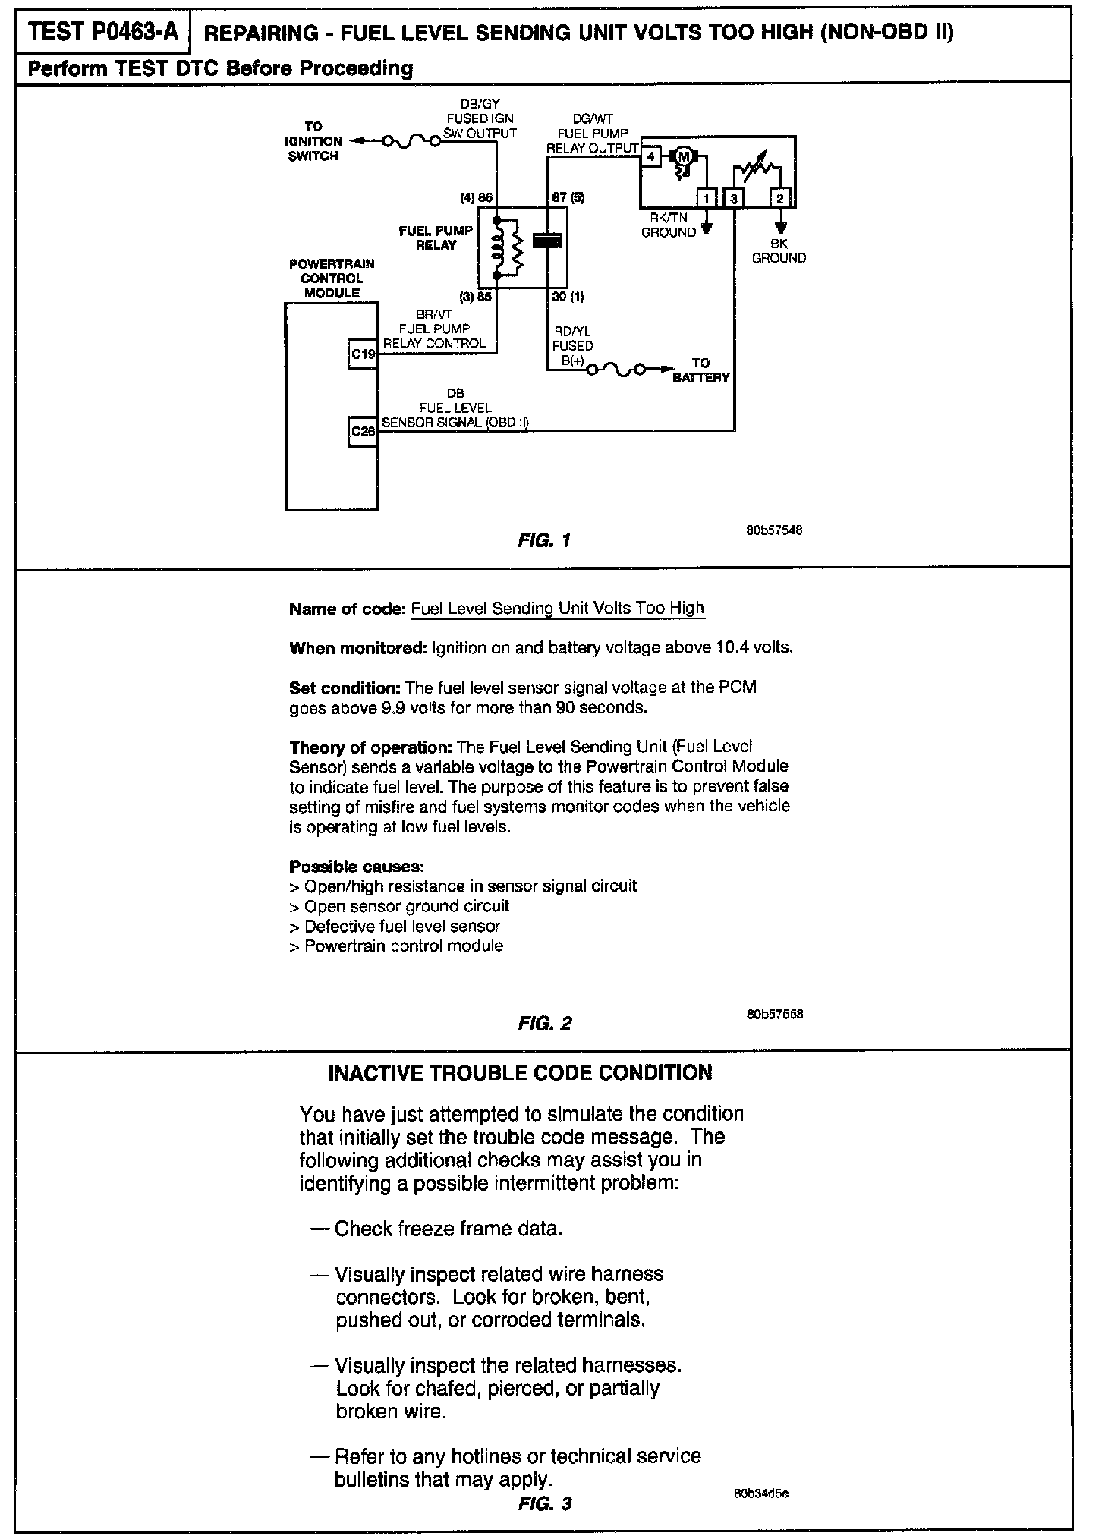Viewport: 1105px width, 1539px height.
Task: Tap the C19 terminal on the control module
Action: pyautogui.click(x=363, y=354)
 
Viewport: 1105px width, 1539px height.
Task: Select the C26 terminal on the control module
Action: pyautogui.click(x=363, y=431)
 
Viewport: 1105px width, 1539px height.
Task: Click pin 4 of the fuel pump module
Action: pyautogui.click(x=650, y=157)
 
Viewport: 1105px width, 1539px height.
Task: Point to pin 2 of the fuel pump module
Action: pyautogui.click(x=781, y=199)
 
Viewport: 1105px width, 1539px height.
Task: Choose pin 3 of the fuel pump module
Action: pyautogui.click(x=734, y=199)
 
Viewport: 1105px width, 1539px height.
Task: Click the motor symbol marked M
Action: pyautogui.click(x=685, y=157)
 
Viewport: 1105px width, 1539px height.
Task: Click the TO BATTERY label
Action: pyautogui.click(x=700, y=370)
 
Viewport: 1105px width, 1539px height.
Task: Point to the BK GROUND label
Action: pyautogui.click(x=779, y=251)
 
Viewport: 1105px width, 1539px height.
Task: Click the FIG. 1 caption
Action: pyautogui.click(x=543, y=540)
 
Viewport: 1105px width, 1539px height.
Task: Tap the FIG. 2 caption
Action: pyautogui.click(x=544, y=1023)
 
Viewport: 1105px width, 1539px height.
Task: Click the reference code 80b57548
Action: pyautogui.click(x=774, y=530)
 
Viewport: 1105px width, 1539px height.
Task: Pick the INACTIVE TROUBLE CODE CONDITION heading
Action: pyautogui.click(x=520, y=1072)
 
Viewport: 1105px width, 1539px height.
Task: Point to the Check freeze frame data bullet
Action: pyautogui.click(x=448, y=1228)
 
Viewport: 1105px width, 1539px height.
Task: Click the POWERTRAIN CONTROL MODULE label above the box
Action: pyautogui.click(x=332, y=278)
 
